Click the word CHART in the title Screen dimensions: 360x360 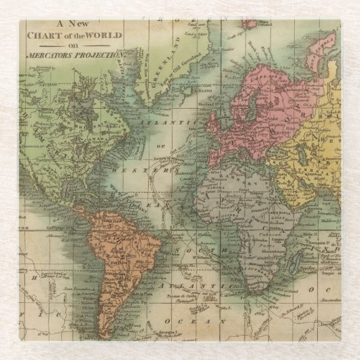click(x=47, y=35)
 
